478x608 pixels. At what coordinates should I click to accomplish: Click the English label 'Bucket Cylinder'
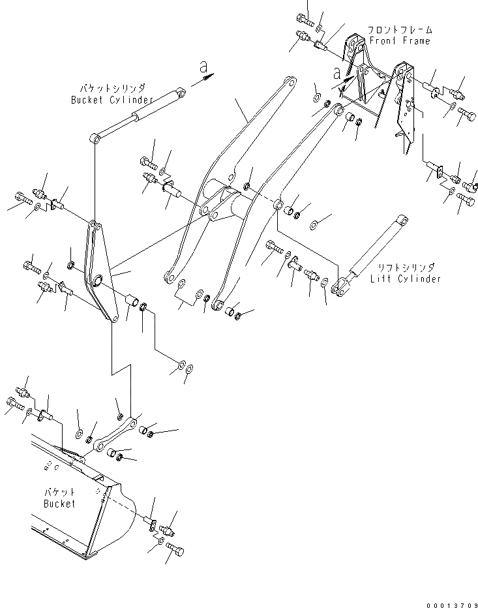point(112,100)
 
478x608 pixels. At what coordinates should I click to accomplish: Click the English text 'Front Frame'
point(399,41)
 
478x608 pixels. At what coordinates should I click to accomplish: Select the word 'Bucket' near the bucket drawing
point(59,503)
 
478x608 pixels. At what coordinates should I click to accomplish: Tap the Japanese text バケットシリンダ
point(113,89)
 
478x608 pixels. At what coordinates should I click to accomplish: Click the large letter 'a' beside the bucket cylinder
point(203,67)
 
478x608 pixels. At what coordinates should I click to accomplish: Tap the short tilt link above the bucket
point(115,434)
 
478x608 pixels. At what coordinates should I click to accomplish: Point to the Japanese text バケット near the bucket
point(59,493)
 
